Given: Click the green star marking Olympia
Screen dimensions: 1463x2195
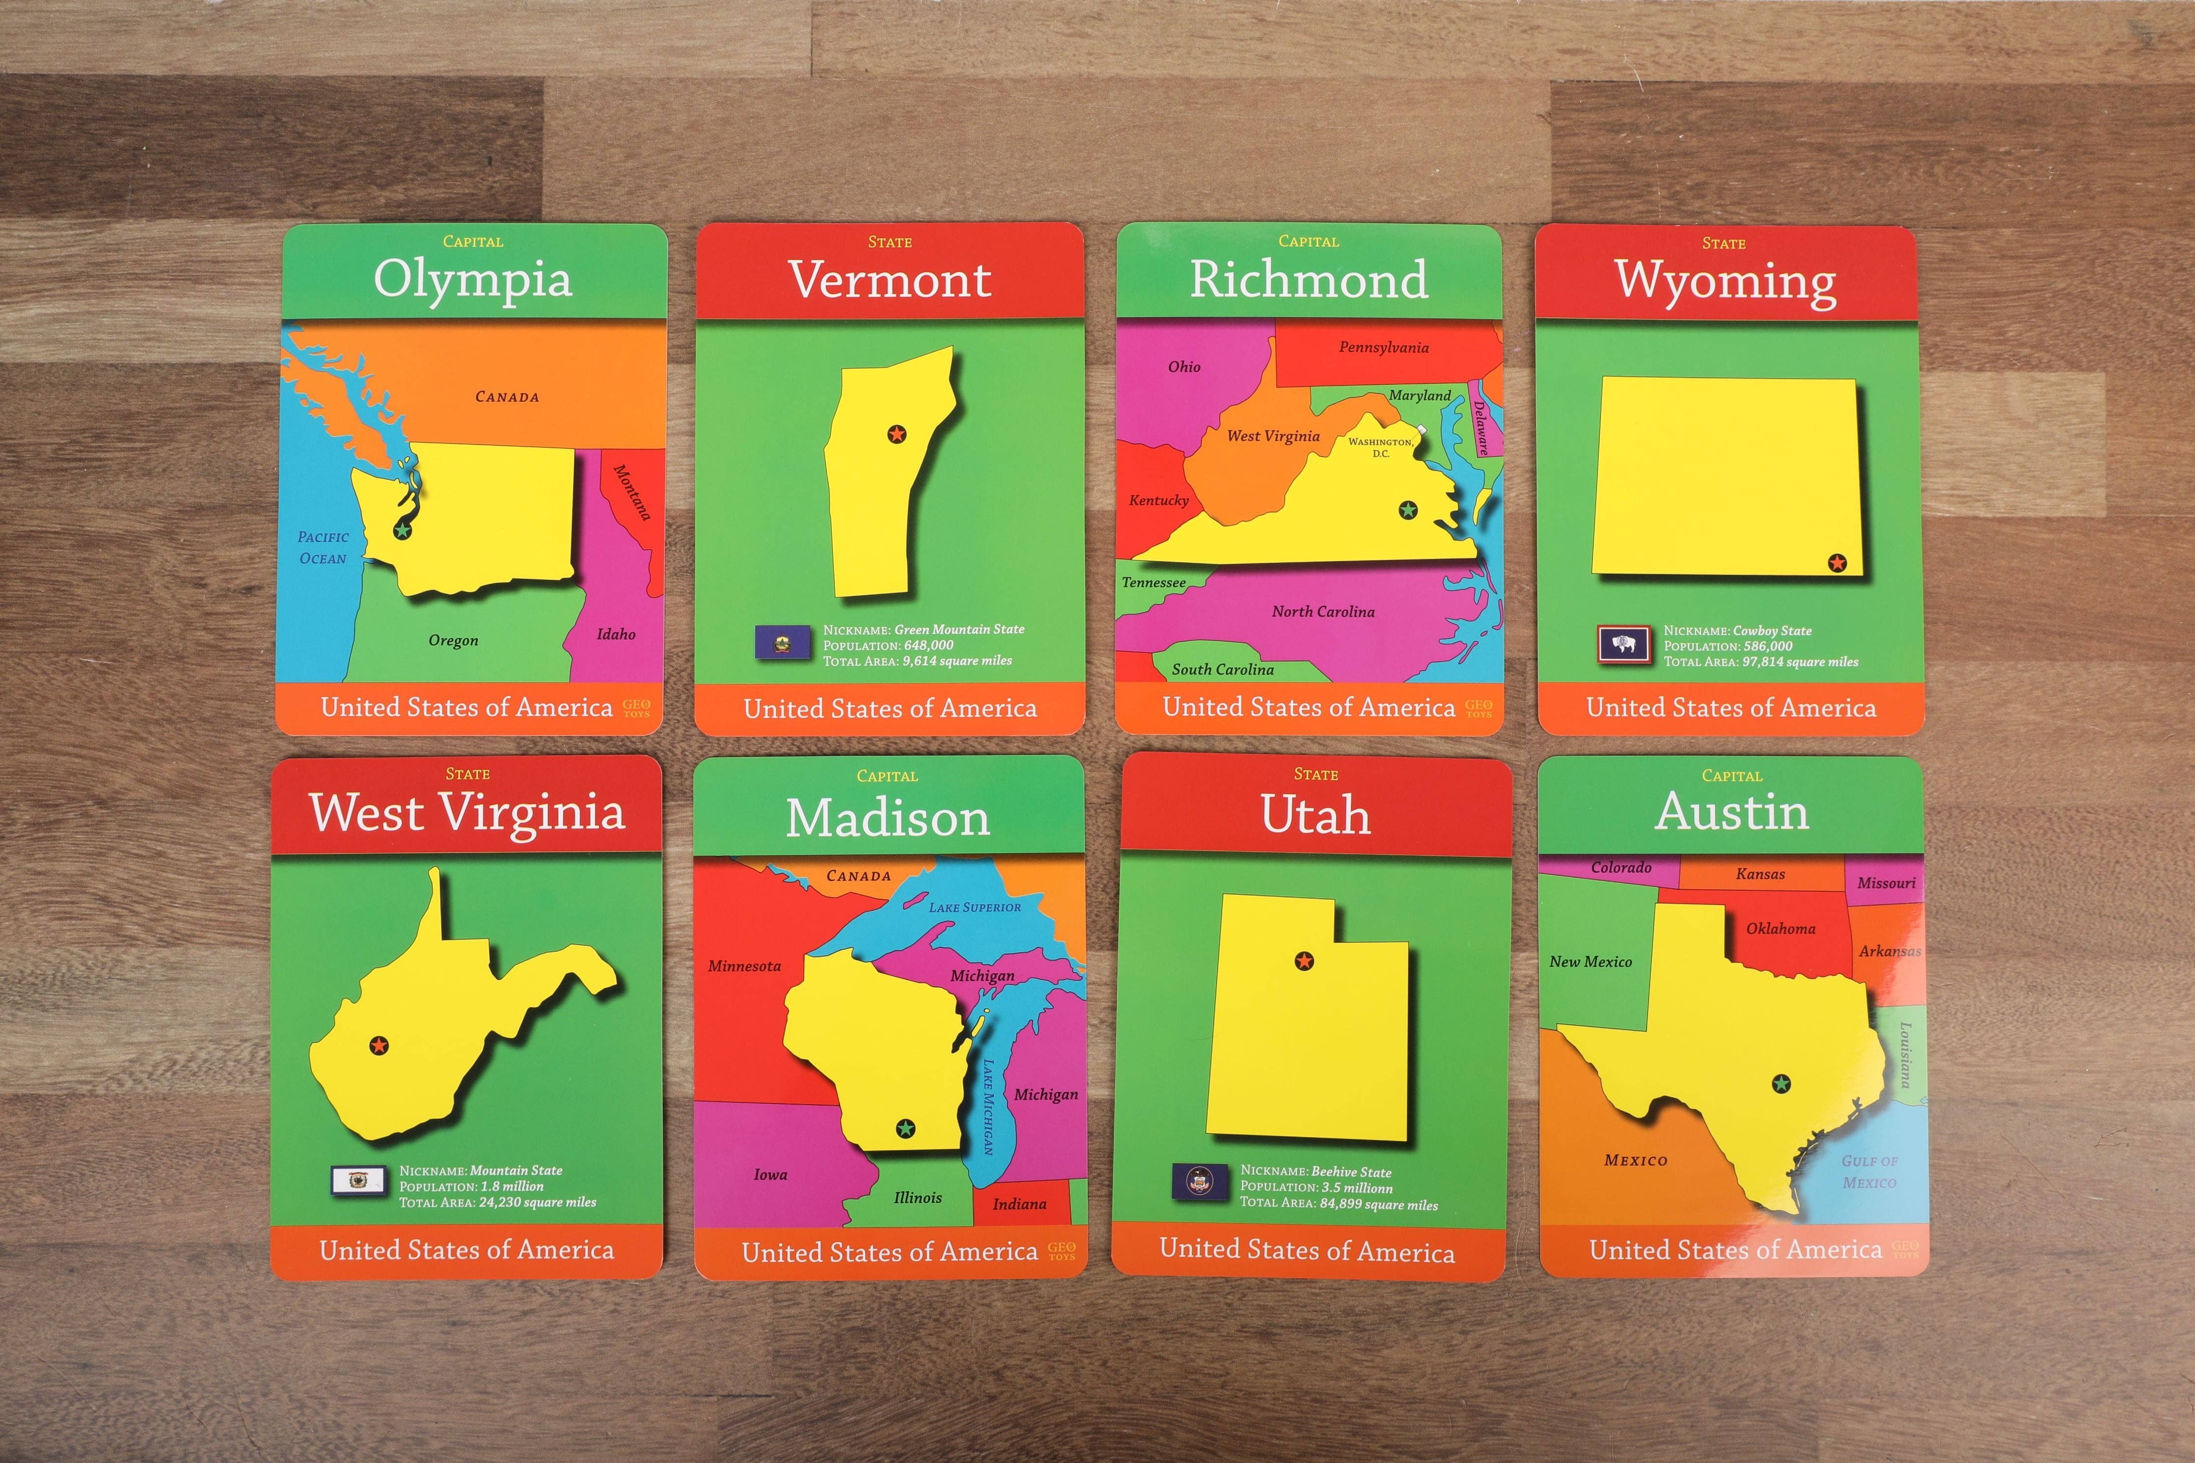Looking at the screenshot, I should (402, 530).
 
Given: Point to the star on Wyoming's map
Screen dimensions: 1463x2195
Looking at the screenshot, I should (1837, 562).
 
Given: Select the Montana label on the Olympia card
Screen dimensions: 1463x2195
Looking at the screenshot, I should (632, 492).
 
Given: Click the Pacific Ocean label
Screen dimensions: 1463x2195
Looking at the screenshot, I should (323, 548).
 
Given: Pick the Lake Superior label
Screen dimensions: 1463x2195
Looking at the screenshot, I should (974, 907).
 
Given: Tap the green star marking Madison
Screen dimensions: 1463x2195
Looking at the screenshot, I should (904, 1129).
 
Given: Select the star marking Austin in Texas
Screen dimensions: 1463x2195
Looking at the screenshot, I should (1780, 1083).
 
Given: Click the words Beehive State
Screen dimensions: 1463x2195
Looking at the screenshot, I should (1350, 1172).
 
